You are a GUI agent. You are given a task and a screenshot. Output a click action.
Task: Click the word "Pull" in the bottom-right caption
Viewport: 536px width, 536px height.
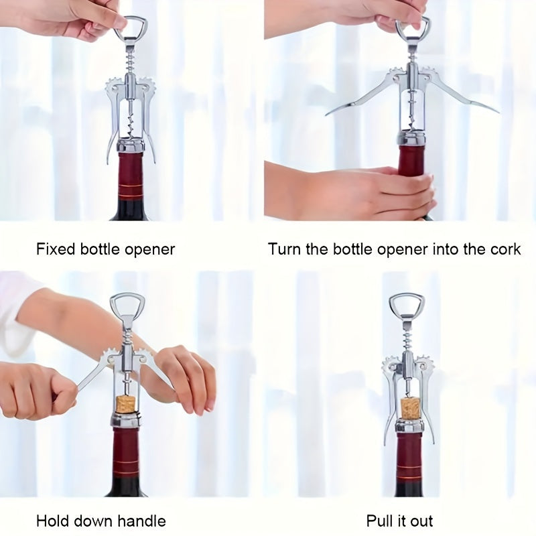coord(380,521)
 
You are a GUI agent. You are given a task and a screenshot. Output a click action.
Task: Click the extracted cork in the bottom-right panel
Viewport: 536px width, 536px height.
coord(410,407)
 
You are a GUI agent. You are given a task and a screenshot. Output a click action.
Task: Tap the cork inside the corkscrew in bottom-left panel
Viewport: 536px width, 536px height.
coord(125,404)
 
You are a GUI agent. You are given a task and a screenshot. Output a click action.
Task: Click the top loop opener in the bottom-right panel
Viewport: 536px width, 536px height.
coord(407,308)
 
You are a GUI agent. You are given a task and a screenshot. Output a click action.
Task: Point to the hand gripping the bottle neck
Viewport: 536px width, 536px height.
coord(375,193)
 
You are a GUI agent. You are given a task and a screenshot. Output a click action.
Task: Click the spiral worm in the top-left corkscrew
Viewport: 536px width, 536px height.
coord(131,121)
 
